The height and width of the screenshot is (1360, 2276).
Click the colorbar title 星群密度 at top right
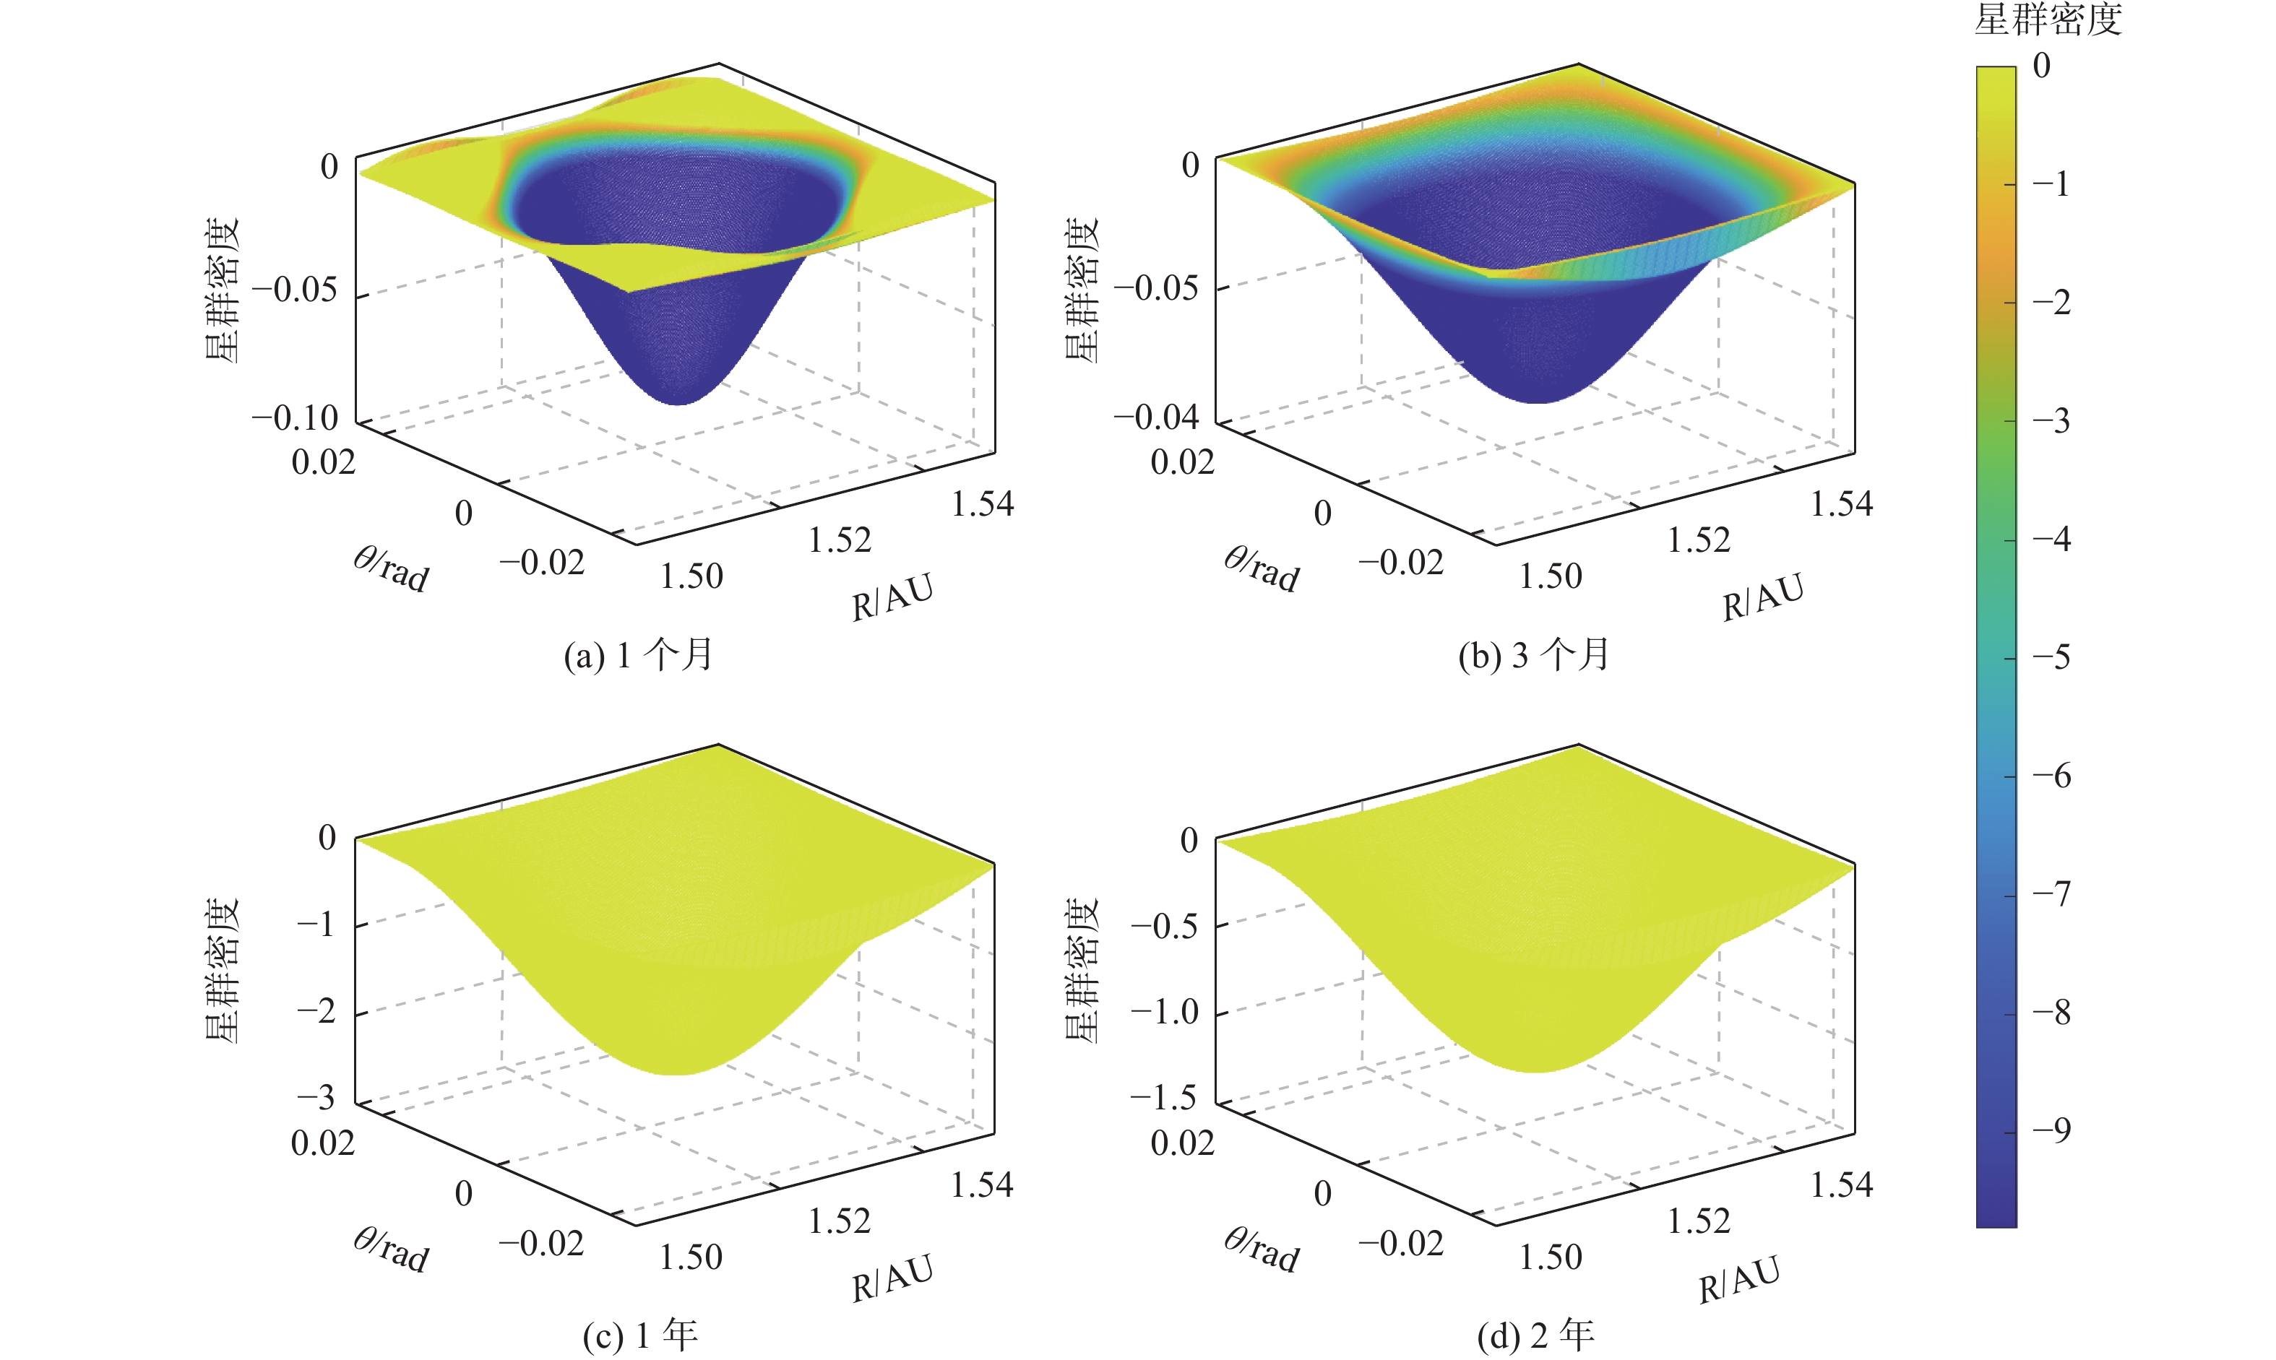2047,20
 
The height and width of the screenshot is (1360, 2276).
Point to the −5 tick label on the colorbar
2051,657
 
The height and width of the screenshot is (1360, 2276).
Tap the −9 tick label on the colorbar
2051,1130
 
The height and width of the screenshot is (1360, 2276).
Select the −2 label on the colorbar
2051,303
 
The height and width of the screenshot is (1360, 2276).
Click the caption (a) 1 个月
638,655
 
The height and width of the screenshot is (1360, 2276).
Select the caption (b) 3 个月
1533,655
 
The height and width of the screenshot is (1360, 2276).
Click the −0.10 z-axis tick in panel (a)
295,419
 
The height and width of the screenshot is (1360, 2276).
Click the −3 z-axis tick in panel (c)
316,1097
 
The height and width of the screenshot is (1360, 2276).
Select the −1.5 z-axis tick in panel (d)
1163,1097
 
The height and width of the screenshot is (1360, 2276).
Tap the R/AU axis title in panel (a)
892,597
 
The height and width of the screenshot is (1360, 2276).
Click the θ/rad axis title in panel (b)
1262,569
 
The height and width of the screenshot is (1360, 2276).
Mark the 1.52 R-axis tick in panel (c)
839,1221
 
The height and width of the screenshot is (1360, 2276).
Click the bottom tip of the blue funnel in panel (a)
678,402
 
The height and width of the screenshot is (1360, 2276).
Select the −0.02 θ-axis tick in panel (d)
1400,1244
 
